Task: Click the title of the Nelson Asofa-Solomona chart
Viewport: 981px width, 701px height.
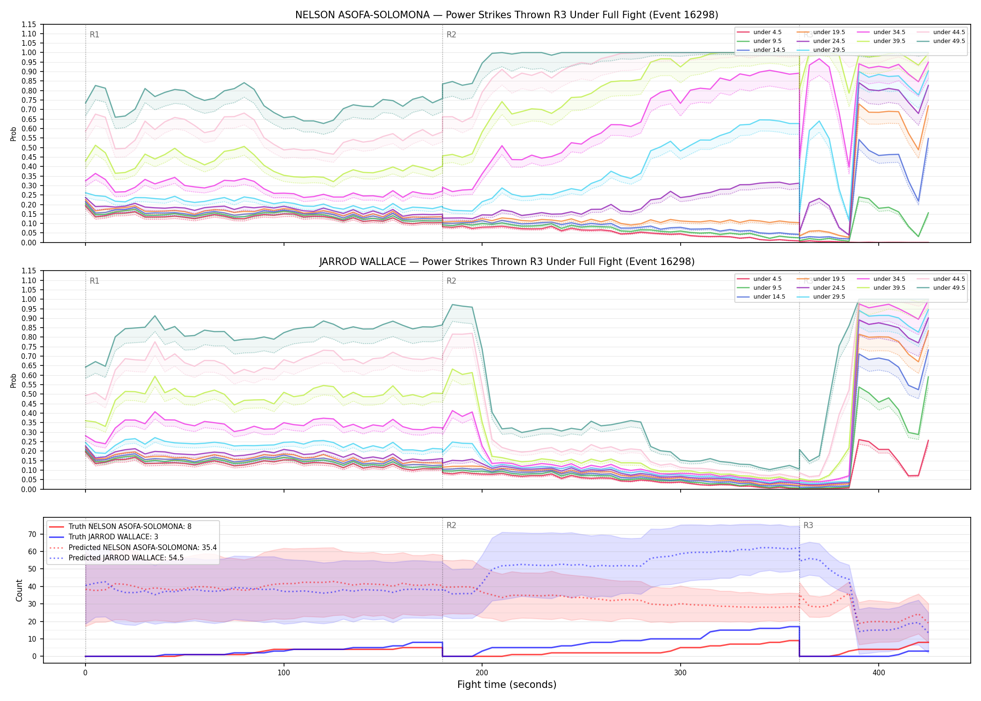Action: pyautogui.click(x=507, y=15)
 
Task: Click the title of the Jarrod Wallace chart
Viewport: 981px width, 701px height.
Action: pyautogui.click(x=507, y=262)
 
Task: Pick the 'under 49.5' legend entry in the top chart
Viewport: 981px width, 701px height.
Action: pyautogui.click(x=941, y=41)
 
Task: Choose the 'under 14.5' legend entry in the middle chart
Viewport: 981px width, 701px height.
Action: pyautogui.click(x=761, y=297)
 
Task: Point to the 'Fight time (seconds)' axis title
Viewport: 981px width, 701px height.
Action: pyautogui.click(x=507, y=685)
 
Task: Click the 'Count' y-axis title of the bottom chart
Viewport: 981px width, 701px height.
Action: pyautogui.click(x=19, y=590)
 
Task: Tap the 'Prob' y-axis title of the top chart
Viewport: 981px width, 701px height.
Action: pyautogui.click(x=14, y=134)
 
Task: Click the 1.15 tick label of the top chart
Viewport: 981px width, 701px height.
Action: pyautogui.click(x=29, y=24)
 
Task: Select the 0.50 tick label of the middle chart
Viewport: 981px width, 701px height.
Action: pyautogui.click(x=29, y=394)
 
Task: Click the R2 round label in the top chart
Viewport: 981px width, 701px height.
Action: pyautogui.click(x=451, y=35)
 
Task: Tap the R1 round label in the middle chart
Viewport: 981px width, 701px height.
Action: pyautogui.click(x=94, y=281)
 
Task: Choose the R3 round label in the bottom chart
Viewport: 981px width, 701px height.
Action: pyautogui.click(x=808, y=525)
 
